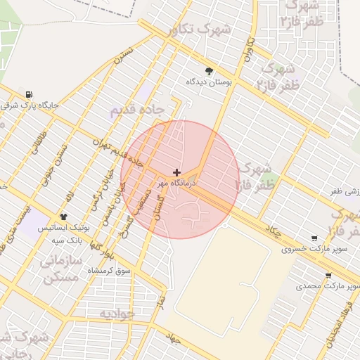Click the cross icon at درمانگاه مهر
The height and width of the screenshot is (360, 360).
[176, 172]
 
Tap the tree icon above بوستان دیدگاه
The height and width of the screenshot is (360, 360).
[209, 70]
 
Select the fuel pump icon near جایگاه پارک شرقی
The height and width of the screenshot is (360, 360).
[28, 95]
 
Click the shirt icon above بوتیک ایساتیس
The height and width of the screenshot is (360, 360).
[64, 217]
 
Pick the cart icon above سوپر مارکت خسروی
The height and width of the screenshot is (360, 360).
[314, 238]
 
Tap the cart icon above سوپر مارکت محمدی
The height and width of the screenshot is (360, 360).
[328, 276]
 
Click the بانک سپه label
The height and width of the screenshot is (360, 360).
[68, 240]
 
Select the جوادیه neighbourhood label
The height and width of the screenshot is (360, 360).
[116, 314]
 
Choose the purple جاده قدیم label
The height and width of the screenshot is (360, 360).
[137, 110]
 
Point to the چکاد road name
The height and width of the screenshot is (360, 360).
[274, 230]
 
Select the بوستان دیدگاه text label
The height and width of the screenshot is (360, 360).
[209, 82]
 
